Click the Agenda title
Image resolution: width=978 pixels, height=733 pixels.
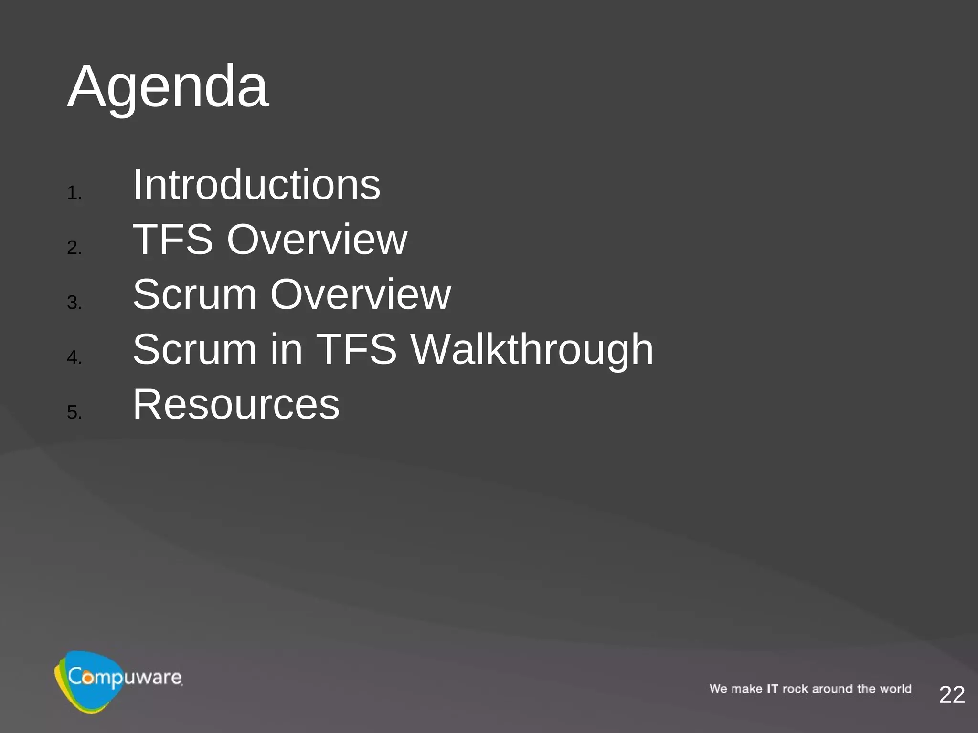[168, 87]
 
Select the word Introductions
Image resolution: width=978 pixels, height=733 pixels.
[256, 185]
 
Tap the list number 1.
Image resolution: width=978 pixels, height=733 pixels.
[74, 193]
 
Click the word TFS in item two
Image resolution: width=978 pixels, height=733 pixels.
[172, 240]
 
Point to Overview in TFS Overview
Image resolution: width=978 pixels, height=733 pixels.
[317, 240]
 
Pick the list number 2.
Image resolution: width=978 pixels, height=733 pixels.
[74, 248]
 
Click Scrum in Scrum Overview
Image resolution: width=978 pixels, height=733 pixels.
[194, 294]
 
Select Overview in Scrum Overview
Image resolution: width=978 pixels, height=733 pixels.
[361, 294]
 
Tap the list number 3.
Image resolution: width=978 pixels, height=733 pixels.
[74, 303]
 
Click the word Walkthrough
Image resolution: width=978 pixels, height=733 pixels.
[532, 349]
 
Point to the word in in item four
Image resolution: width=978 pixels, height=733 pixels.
[287, 349]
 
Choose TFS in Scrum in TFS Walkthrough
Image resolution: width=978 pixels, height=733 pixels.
[356, 349]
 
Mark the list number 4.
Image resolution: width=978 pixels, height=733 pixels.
[74, 357]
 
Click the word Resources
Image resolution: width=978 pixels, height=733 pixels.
[236, 405]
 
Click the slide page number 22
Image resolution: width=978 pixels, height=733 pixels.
[952, 695]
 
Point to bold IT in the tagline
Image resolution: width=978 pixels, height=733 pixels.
[772, 689]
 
